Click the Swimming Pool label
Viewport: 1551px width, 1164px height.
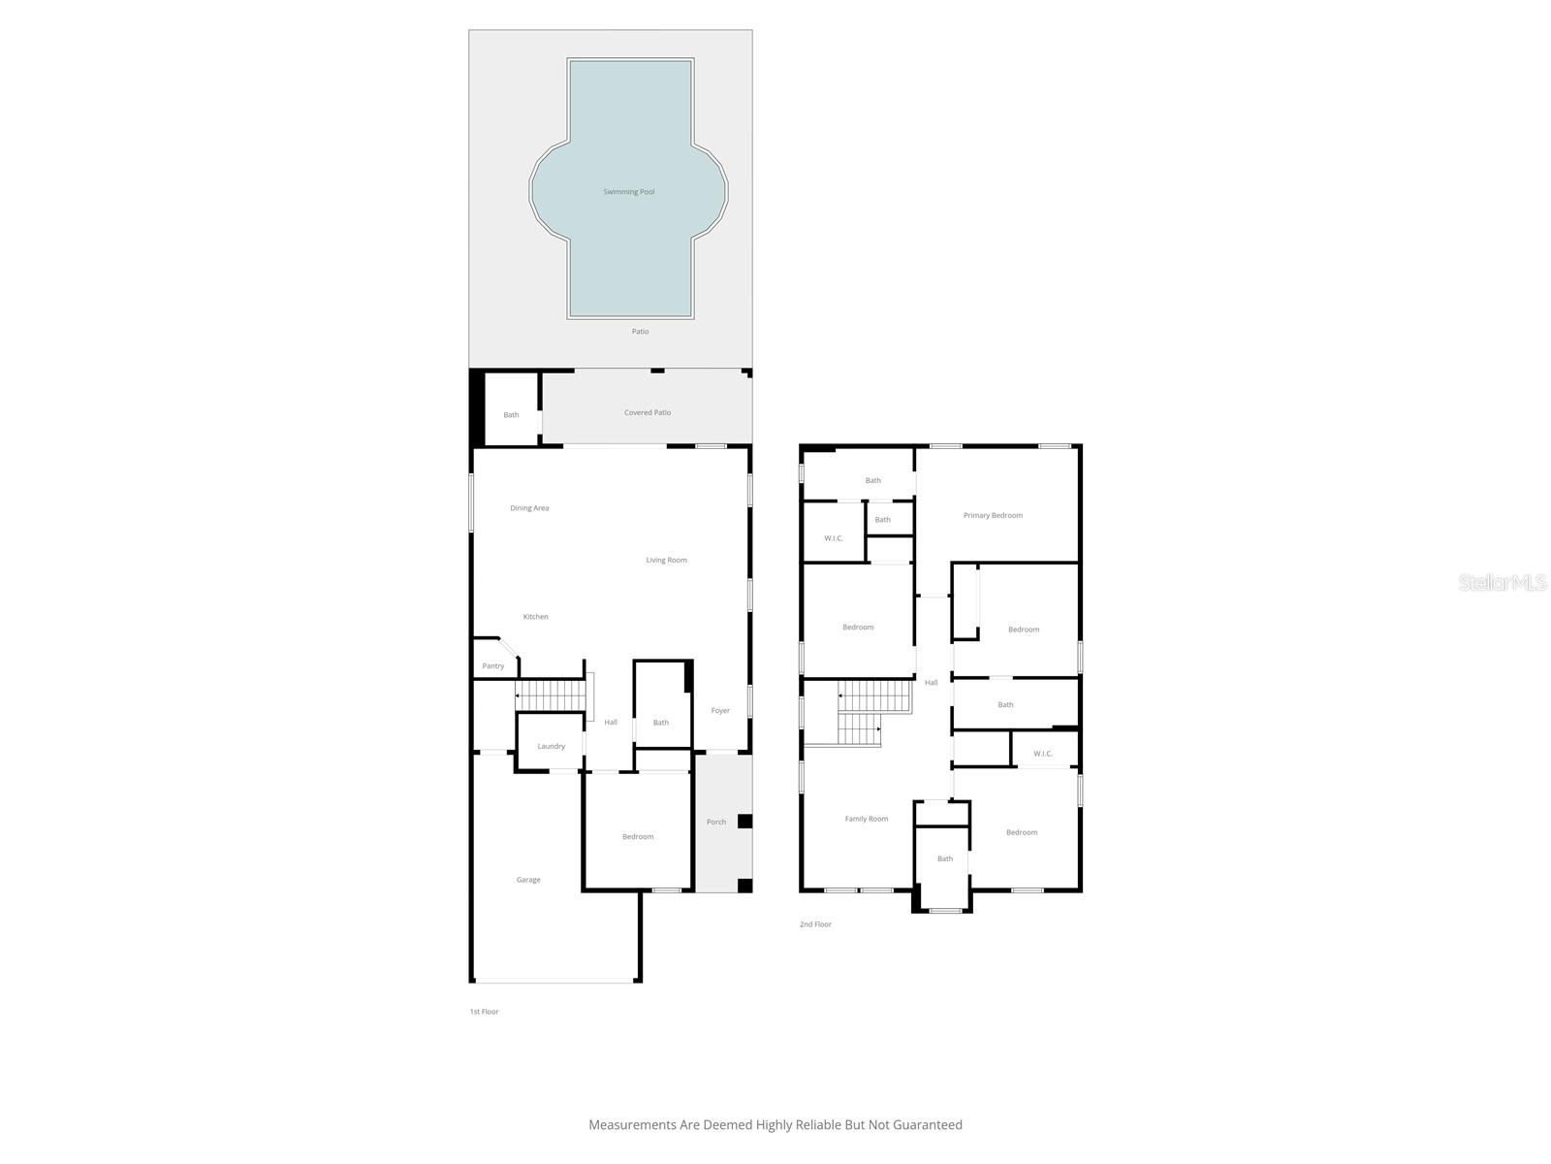coord(628,192)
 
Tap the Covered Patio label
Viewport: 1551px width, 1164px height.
coord(648,413)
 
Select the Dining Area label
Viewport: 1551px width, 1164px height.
coord(529,508)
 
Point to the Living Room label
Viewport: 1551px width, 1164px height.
coord(667,561)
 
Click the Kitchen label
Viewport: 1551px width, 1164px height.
coord(535,617)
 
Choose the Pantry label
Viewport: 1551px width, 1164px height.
coord(493,666)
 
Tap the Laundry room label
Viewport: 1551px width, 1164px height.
coord(551,747)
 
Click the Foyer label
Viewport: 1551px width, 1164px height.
coord(720,711)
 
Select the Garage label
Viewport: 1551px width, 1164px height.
coord(528,880)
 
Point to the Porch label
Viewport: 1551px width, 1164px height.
coord(716,823)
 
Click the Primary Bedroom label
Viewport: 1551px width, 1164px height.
coord(993,516)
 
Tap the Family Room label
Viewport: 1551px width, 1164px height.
coord(866,819)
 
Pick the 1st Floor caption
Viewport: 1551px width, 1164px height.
coord(484,1012)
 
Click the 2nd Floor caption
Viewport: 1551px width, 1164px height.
coord(815,924)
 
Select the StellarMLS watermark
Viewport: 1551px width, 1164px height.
coord(1503,583)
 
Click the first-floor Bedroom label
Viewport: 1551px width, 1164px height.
coord(638,837)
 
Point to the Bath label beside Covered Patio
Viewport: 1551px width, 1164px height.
coord(511,415)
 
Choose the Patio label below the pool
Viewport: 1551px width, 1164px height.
coord(640,332)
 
